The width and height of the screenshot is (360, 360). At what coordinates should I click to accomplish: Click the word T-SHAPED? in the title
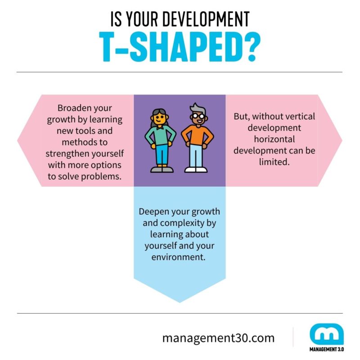(180, 47)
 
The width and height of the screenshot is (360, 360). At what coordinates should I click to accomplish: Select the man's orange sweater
(196, 135)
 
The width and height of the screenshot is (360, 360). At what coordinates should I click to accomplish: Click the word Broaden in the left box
(74, 109)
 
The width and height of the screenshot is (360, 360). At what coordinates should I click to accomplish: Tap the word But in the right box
(242, 116)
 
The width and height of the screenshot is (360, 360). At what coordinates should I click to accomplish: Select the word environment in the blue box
(179, 258)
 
